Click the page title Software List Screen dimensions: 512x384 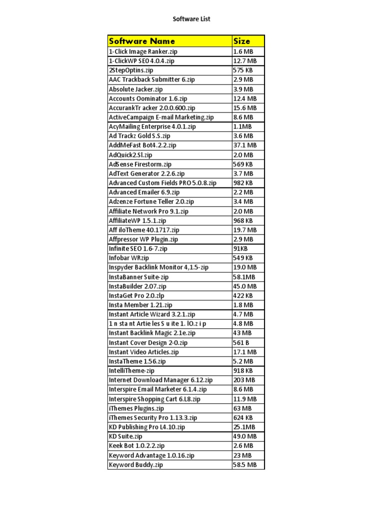tap(191, 19)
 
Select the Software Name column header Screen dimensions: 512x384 tap(142, 41)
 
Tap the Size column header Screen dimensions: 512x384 tap(242, 41)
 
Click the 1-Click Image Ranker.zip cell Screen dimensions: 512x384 tap(143, 51)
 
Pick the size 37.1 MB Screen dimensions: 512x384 tap(245, 145)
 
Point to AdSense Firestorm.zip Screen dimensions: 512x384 tap(140, 164)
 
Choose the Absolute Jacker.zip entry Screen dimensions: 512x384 tap(135, 89)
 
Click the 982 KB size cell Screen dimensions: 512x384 tap(243, 183)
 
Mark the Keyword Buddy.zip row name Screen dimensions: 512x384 tap(136, 465)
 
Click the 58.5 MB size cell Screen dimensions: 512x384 tap(245, 465)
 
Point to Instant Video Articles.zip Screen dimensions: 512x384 tap(143, 352)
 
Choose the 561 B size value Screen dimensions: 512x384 tap(241, 342)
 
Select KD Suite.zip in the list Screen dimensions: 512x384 tap(125, 436)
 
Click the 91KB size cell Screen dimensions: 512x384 tap(240, 248)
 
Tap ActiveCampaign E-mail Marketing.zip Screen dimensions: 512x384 tap(161, 117)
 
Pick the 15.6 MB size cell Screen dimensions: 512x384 tap(245, 107)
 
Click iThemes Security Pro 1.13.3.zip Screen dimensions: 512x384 tap(153, 417)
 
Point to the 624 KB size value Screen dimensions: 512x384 tap(243, 417)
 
